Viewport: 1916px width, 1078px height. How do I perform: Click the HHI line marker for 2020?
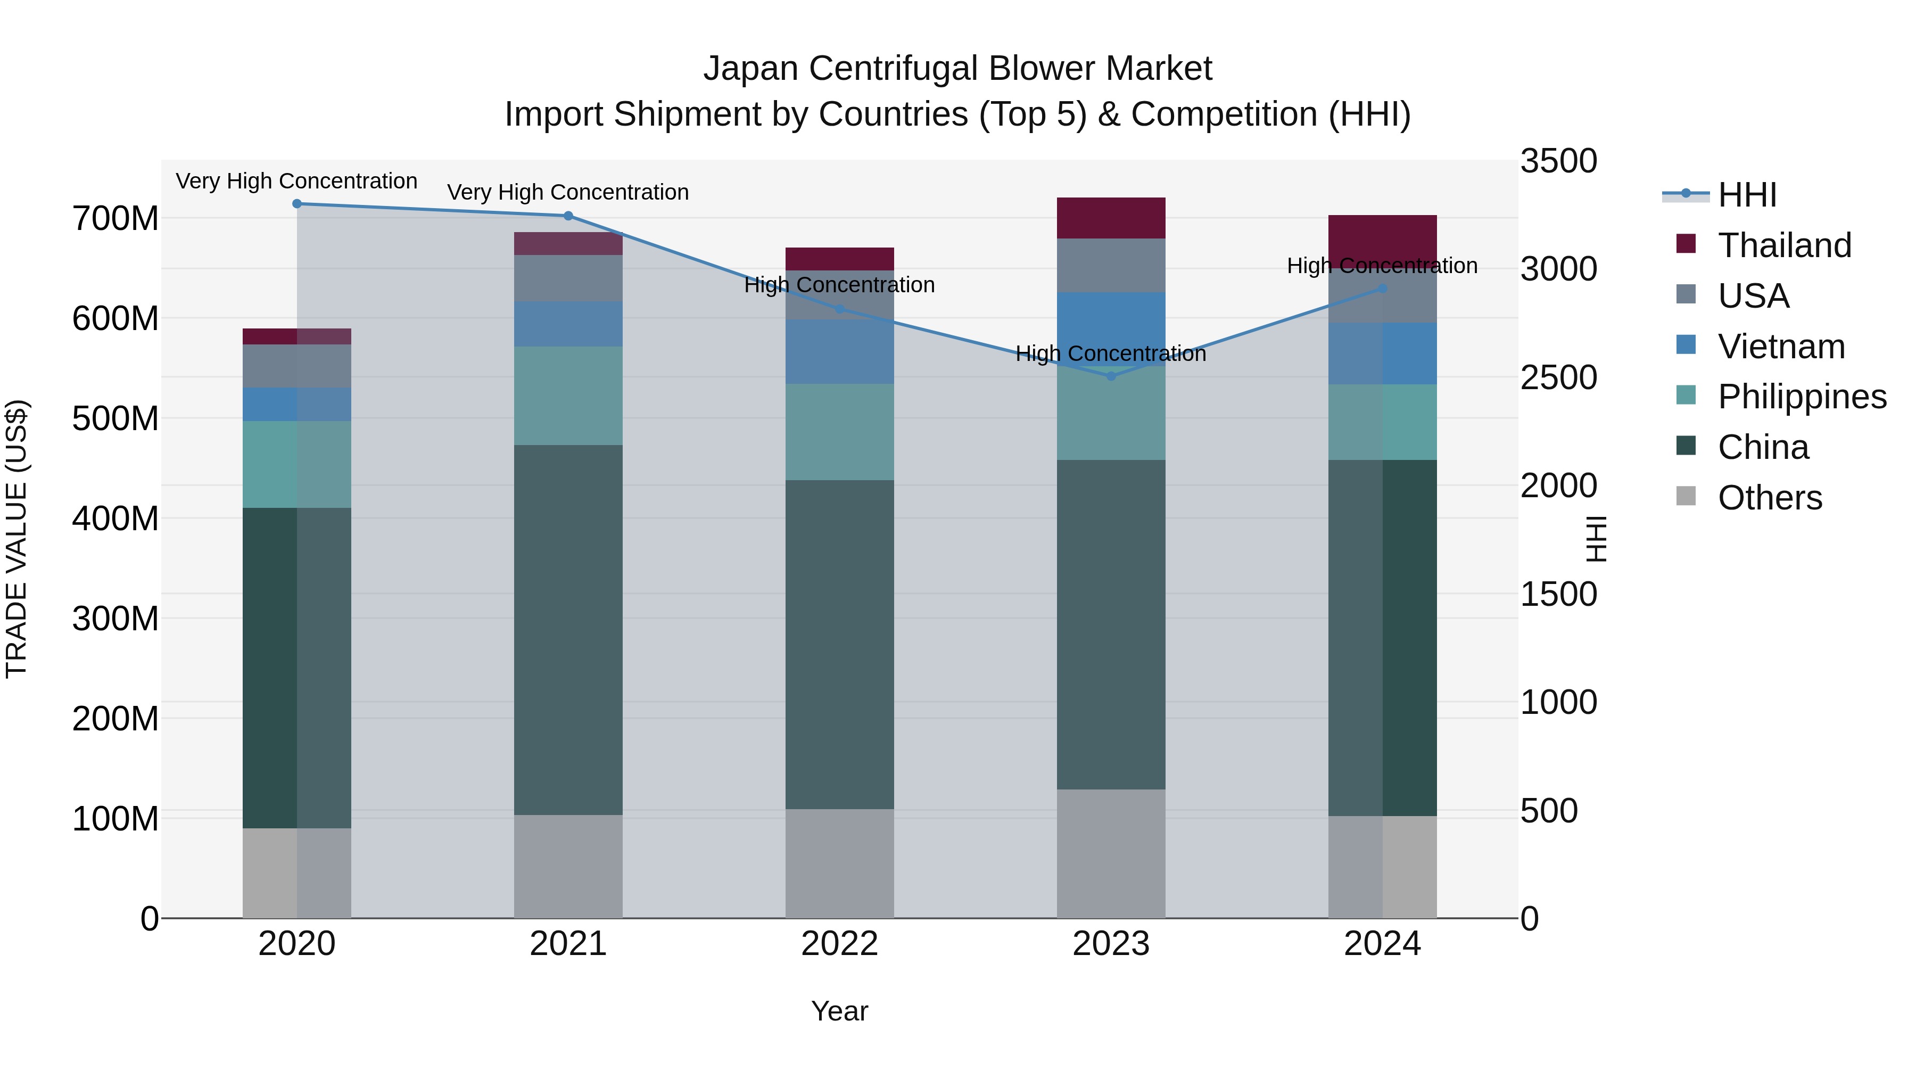click(x=297, y=204)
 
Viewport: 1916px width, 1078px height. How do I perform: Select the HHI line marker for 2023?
click(x=1111, y=376)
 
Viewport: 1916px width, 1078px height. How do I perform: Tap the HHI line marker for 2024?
click(x=1383, y=289)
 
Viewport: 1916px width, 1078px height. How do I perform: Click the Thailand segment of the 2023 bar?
click(x=1111, y=218)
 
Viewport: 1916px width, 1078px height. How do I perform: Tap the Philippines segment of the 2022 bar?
click(x=840, y=432)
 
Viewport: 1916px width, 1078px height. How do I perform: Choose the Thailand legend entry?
click(x=1783, y=245)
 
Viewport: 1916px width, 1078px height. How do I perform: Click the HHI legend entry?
click(x=1746, y=195)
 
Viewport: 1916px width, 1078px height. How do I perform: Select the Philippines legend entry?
click(x=1801, y=397)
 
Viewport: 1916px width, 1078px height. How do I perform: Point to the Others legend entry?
click(x=1769, y=498)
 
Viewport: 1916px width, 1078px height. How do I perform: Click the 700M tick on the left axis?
click(x=115, y=219)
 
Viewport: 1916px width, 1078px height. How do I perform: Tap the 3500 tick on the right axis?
click(x=1558, y=161)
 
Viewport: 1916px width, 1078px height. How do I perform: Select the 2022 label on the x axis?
click(x=840, y=944)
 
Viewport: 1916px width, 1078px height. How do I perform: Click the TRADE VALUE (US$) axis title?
click(x=16, y=539)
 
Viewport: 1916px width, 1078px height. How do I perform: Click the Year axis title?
click(x=840, y=1011)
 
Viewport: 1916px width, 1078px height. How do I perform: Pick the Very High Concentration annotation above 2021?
click(x=568, y=192)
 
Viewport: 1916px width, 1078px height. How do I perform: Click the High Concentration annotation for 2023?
click(x=1111, y=353)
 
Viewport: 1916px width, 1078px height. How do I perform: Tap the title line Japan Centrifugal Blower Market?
click(x=957, y=69)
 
